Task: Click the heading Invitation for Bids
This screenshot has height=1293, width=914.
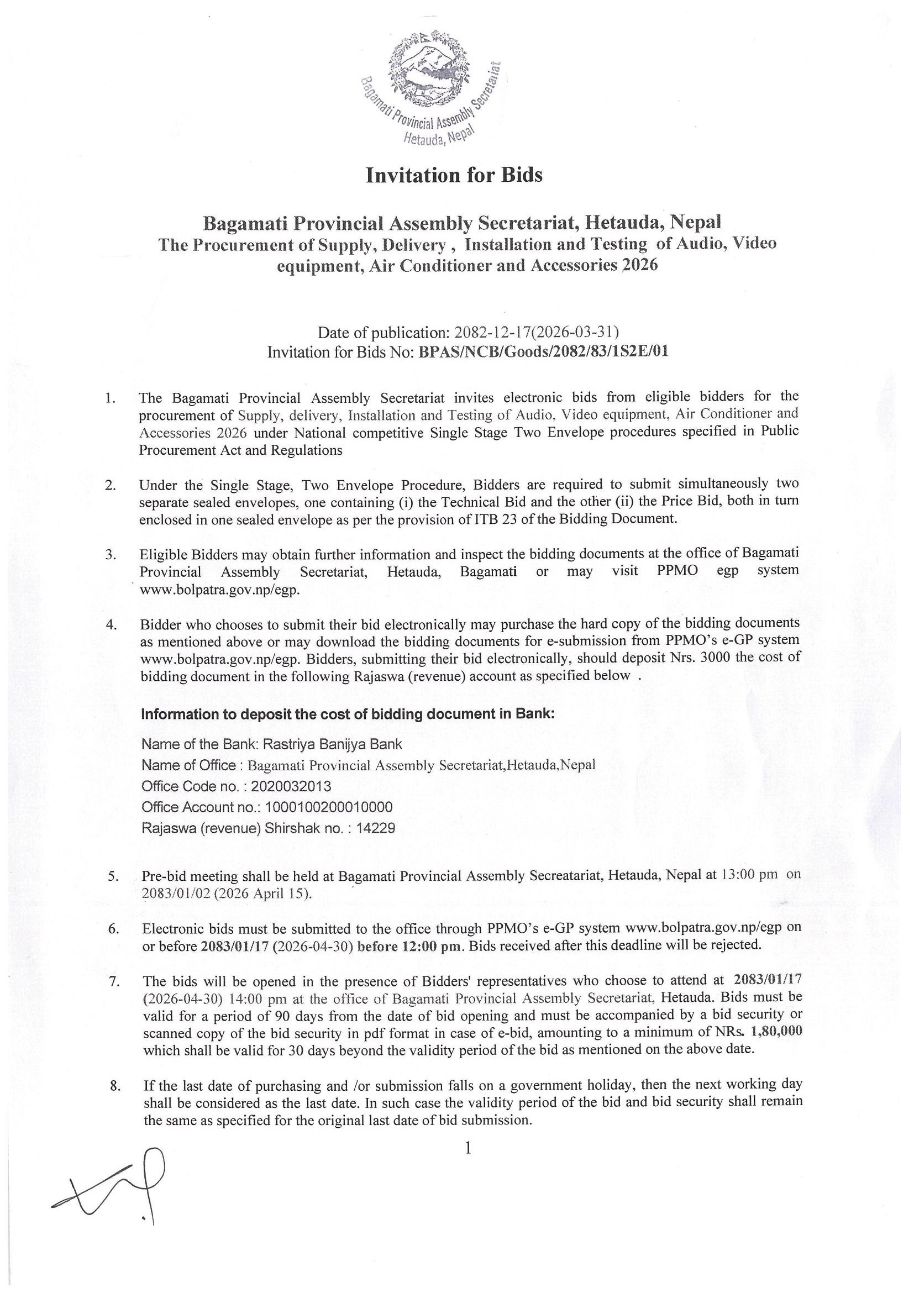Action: tap(454, 176)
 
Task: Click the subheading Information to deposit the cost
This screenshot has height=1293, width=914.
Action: tap(348, 714)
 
